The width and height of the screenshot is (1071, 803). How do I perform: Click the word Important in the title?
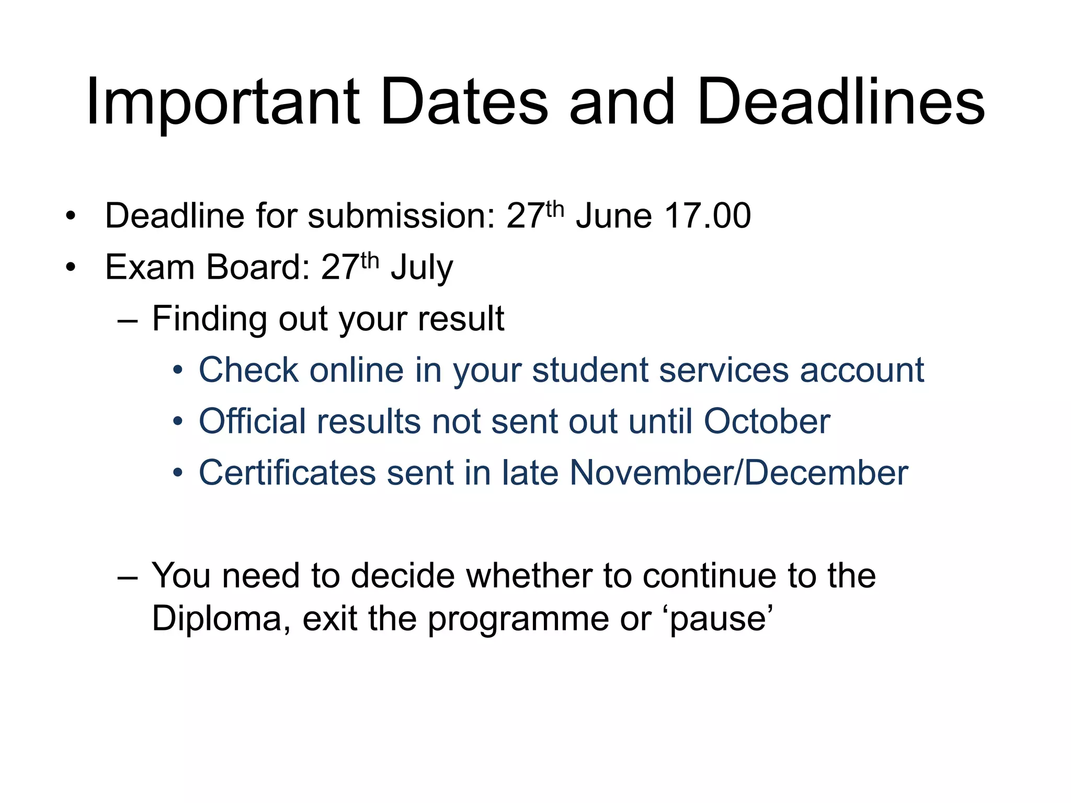point(223,102)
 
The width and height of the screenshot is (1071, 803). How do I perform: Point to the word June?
point(613,216)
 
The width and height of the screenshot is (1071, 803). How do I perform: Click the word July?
point(422,268)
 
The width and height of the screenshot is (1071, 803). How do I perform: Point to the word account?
point(862,370)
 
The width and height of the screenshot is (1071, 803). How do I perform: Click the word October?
point(767,421)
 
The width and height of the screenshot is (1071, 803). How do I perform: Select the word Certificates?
point(287,473)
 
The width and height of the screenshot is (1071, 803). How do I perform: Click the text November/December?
point(738,473)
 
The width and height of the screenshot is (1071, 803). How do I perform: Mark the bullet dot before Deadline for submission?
point(71,216)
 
